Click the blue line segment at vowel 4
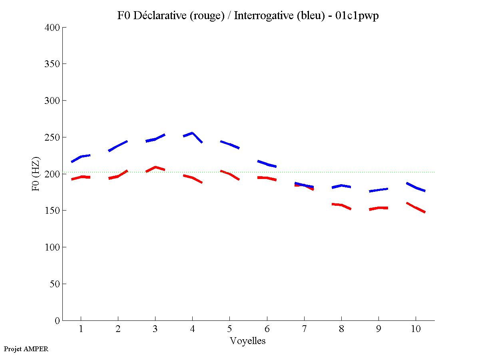click(x=192, y=133)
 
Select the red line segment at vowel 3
click(x=155, y=167)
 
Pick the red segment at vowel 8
click(x=341, y=205)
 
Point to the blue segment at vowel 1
click(x=81, y=157)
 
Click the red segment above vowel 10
click(x=416, y=208)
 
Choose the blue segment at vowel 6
click(x=267, y=164)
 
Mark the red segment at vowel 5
click(x=229, y=174)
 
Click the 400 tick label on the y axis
click(x=52, y=28)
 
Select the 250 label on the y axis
click(x=52, y=137)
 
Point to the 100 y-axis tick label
click(x=52, y=247)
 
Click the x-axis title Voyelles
click(x=248, y=341)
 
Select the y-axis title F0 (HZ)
click(x=36, y=174)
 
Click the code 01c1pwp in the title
click(x=359, y=16)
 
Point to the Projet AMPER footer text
click(x=26, y=349)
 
